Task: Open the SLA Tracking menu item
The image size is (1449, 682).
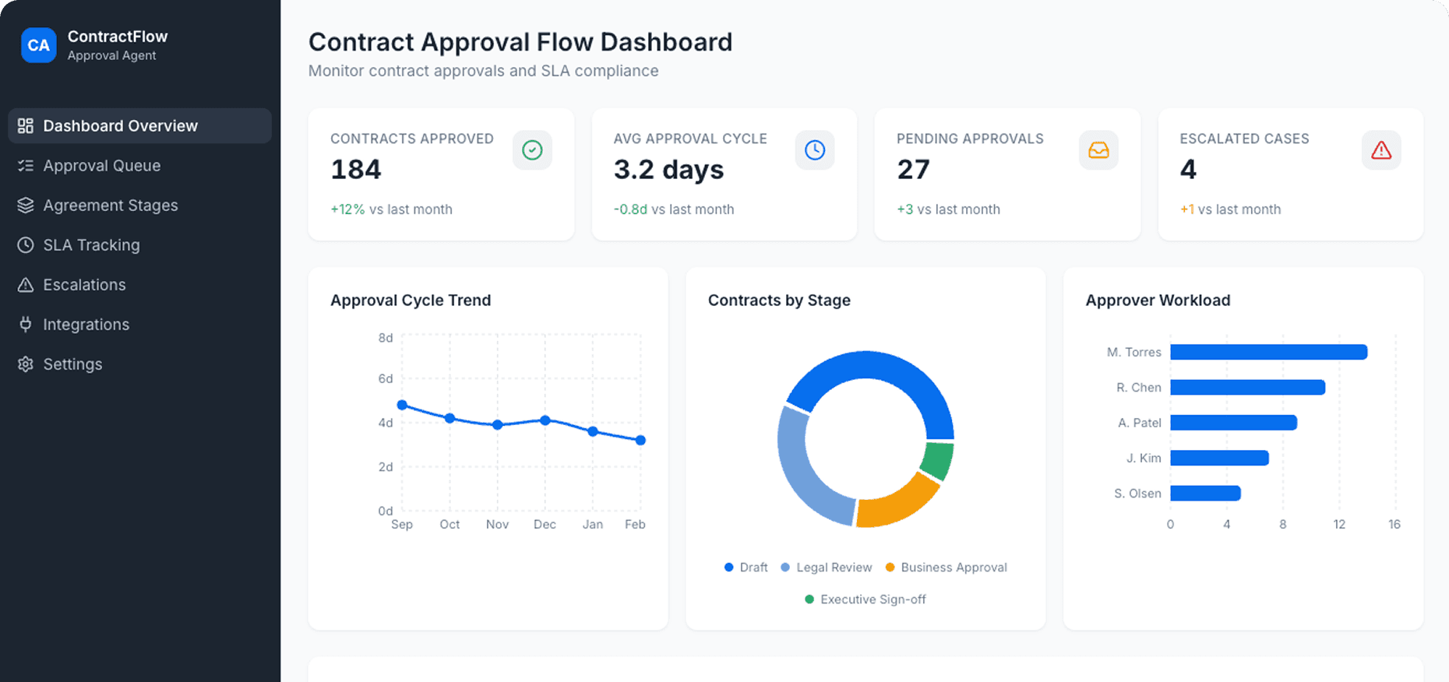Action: coord(91,245)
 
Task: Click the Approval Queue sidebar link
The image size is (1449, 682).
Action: coord(101,166)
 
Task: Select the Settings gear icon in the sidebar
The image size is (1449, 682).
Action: coord(26,364)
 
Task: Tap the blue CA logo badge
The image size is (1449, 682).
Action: coord(38,45)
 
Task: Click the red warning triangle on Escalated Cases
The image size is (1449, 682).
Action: coord(1380,150)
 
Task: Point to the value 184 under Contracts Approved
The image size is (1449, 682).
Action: coord(356,170)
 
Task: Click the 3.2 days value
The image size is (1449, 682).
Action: coord(668,170)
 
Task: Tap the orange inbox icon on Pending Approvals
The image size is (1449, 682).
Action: coord(1098,150)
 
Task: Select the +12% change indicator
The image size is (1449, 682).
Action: coord(347,209)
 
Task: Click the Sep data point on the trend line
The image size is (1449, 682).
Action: coord(402,405)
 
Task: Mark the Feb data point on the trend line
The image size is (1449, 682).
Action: coord(640,440)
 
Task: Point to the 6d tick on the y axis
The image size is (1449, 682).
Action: coord(386,379)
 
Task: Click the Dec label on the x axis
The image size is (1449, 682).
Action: coord(545,525)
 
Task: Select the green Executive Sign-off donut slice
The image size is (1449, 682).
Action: coord(937,461)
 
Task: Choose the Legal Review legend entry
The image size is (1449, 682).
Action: coord(833,568)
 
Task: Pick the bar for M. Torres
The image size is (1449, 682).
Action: coord(1268,353)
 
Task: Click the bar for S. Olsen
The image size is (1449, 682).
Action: coord(1204,494)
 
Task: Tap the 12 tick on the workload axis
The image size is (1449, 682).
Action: coord(1339,525)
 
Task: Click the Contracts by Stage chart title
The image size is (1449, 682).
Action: coord(778,301)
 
